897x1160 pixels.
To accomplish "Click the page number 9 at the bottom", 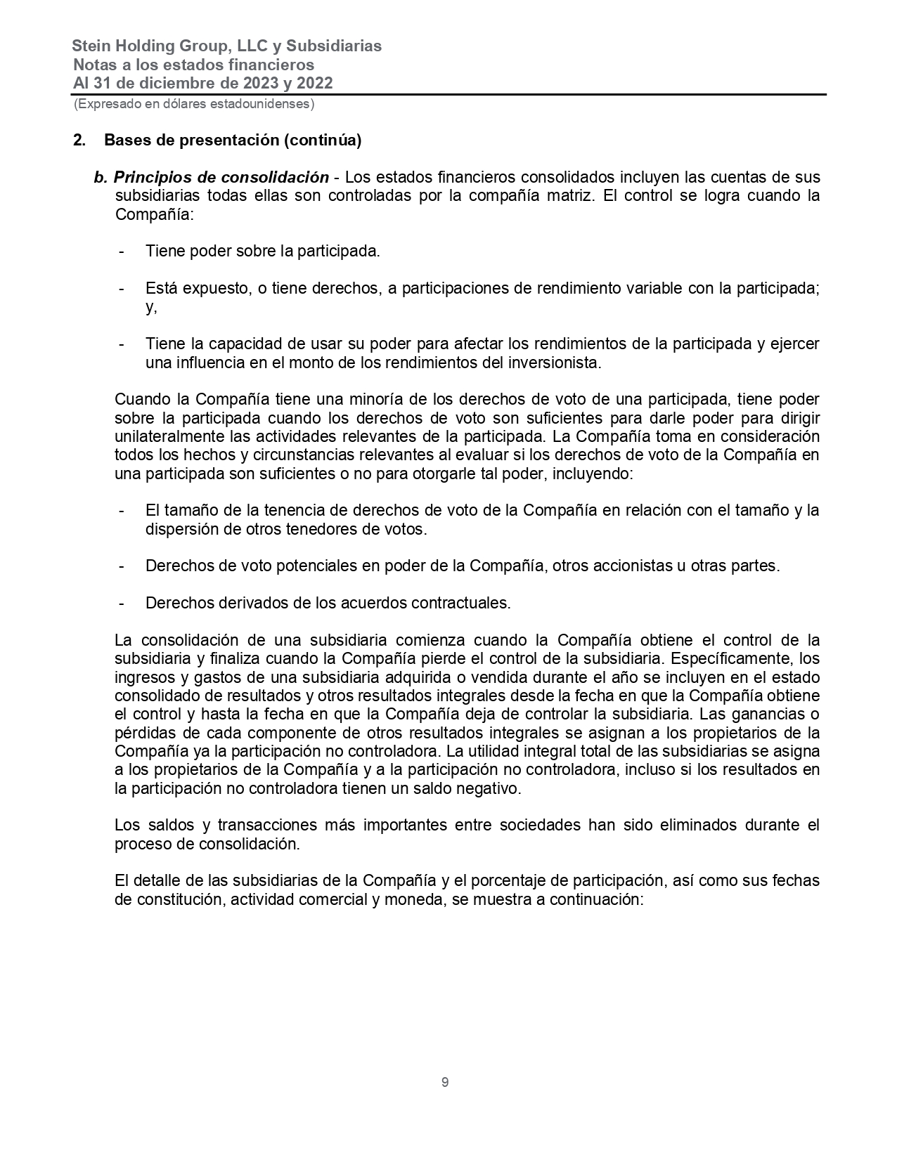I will click(445, 1083).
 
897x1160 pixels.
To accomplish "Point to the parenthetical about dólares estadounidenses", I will click(194, 104).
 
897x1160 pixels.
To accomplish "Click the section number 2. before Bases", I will click(79, 141).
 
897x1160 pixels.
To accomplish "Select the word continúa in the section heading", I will click(324, 141).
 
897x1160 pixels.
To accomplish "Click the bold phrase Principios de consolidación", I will click(221, 177).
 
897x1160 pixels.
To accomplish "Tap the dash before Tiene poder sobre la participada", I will click(122, 252).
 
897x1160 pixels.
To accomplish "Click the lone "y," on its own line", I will click(151, 307).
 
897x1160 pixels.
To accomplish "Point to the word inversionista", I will click(555, 363).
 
